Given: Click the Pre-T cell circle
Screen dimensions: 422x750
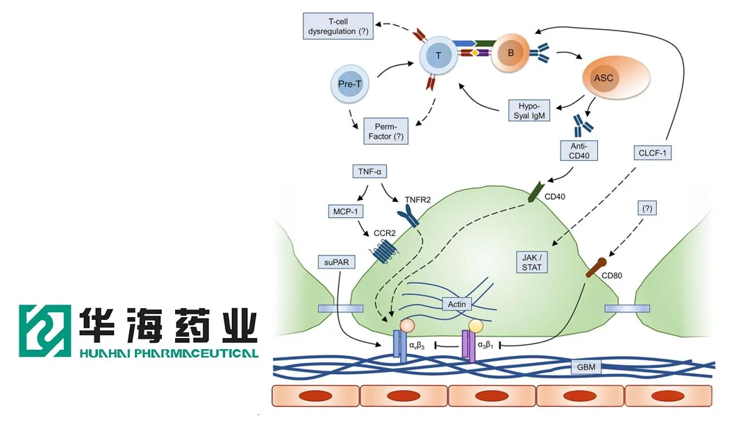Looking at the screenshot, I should (349, 85).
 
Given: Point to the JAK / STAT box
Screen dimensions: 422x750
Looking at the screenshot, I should (532, 261).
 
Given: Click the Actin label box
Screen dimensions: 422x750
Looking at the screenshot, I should (457, 303).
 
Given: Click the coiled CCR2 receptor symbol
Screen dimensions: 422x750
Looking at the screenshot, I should (382, 251).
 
